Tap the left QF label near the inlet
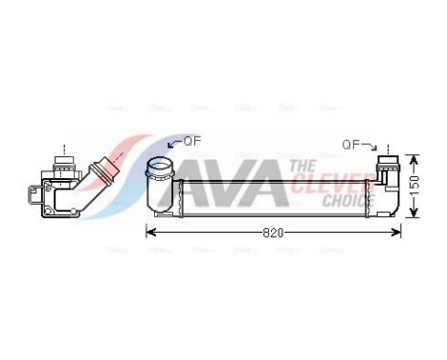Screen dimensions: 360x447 click(192, 140)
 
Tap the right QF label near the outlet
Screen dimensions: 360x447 click(353, 145)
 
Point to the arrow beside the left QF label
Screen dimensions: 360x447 click(173, 144)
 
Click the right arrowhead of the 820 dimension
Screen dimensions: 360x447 click(398, 232)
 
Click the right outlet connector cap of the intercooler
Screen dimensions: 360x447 click(388, 162)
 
